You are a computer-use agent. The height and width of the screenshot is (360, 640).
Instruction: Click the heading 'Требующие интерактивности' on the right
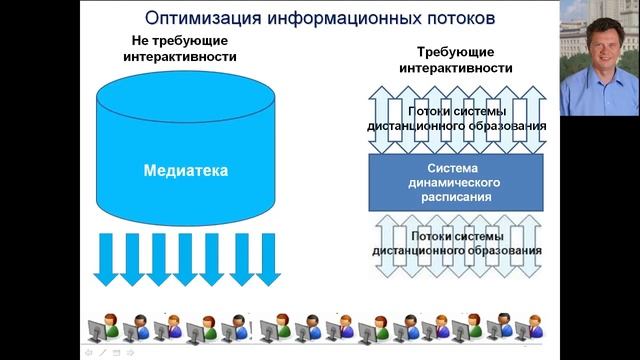pos(456,59)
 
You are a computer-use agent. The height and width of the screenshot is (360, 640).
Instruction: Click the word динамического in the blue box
pos(457,183)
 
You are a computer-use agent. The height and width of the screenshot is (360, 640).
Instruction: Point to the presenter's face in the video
pos(599,55)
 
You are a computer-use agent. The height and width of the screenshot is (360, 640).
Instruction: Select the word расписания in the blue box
pos(457,198)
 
